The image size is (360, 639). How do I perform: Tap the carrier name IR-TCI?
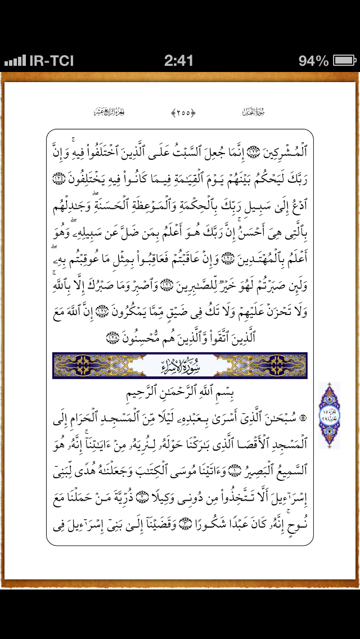(51, 61)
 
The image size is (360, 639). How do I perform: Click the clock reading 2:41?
(179, 61)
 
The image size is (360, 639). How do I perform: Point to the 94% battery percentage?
(313, 61)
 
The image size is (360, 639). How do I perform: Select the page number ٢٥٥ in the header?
(183, 112)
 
